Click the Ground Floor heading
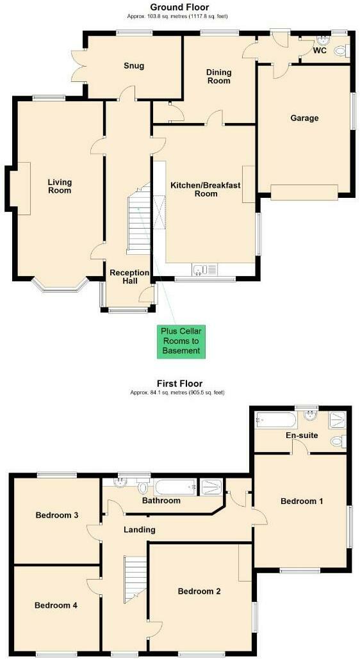tap(179, 7)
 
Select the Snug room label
tap(134, 65)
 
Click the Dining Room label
tap(218, 76)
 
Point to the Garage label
tap(304, 118)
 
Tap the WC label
tap(320, 51)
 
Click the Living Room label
tap(60, 186)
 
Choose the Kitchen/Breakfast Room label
tap(205, 189)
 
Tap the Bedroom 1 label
tap(302, 501)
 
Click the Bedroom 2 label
tap(199, 591)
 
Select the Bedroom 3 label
tap(57, 515)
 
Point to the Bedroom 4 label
tap(56, 605)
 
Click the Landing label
tap(140, 530)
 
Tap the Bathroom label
tap(161, 500)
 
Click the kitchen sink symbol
tap(200, 270)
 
